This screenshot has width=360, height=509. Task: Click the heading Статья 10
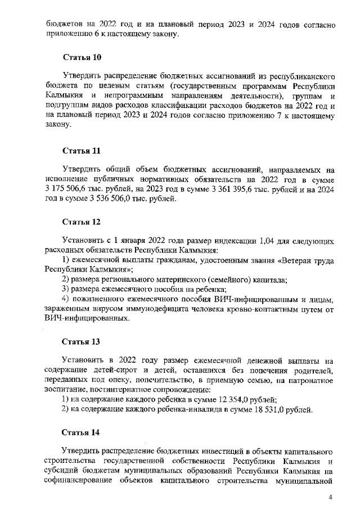coord(81,58)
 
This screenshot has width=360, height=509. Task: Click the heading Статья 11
coord(81,151)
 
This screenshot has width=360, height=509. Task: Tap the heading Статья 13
coord(81,341)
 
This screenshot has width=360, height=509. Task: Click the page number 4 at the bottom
coord(331,497)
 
